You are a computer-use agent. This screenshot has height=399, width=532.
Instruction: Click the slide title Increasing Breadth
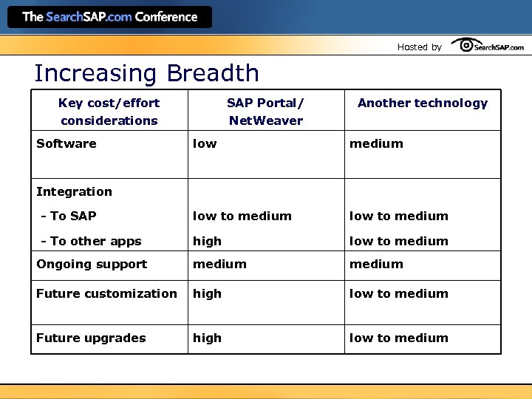146,73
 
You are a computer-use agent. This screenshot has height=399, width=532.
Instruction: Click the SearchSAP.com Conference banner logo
110,17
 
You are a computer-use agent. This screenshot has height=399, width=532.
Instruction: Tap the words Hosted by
419,47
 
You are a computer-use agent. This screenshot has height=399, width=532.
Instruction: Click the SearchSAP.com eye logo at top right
488,46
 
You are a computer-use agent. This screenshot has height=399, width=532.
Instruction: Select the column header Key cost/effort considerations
109,112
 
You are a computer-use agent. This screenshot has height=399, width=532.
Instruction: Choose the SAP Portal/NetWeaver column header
265,112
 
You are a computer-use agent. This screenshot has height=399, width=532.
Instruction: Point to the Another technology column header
423,103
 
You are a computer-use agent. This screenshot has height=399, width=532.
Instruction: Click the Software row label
66,143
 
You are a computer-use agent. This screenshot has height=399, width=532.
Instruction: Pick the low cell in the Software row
205,143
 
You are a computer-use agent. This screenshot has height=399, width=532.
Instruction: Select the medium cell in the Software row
376,143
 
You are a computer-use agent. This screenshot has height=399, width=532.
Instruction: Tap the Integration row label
74,191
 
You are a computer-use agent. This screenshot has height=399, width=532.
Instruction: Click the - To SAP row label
69,216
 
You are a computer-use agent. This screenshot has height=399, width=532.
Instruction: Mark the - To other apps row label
91,241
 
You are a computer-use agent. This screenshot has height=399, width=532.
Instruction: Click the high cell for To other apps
207,241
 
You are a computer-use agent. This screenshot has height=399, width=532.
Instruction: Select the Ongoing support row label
92,264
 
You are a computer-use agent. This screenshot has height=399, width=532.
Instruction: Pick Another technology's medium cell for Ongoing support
376,264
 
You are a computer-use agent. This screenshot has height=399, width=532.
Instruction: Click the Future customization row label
106,293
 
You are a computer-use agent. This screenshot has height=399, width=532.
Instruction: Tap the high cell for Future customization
207,293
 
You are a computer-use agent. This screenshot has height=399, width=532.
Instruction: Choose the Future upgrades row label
91,338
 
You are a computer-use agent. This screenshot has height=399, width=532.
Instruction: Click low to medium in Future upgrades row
398,338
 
